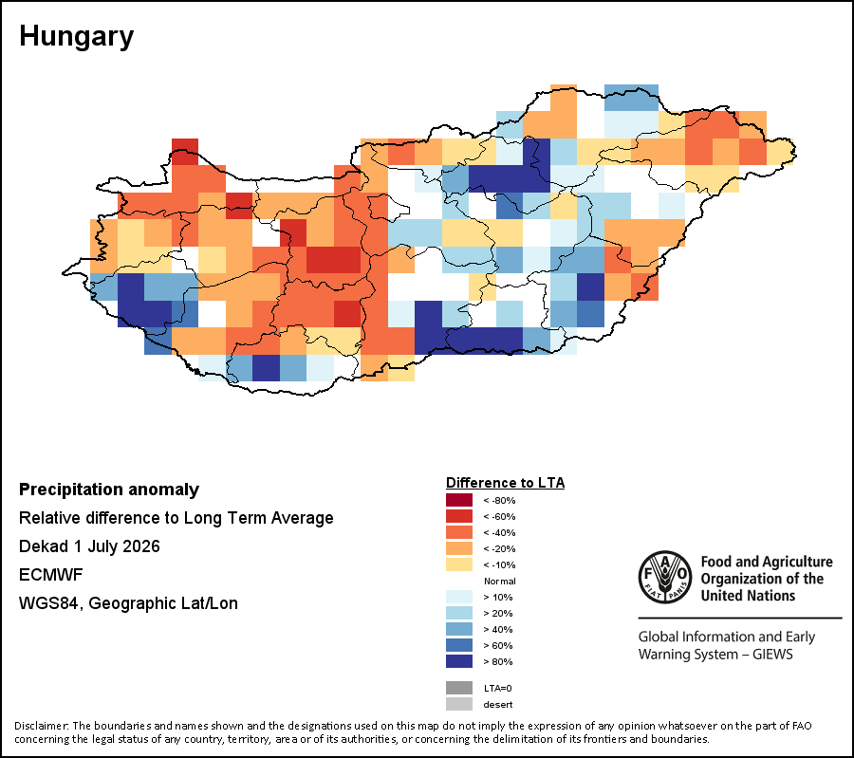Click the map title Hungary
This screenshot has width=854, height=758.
point(76,37)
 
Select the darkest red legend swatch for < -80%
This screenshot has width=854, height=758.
point(459,500)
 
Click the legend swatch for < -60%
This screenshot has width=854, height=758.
point(459,516)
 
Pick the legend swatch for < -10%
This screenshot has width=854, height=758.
point(459,564)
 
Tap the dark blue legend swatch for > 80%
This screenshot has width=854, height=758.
point(459,661)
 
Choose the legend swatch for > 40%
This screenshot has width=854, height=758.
point(459,629)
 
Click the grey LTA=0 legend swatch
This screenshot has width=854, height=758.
point(459,688)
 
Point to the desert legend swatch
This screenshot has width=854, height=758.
point(459,704)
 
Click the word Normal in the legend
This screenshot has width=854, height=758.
point(499,581)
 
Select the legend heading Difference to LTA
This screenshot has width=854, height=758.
point(506,483)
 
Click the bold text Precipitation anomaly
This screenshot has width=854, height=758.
point(109,490)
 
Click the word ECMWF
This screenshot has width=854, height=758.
point(50,575)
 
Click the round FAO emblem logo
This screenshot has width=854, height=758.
point(665,577)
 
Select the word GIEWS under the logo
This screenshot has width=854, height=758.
point(772,654)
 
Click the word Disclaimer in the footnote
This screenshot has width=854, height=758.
point(42,726)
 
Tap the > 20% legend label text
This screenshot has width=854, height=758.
point(498,613)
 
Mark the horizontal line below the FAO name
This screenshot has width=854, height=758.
point(740,618)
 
